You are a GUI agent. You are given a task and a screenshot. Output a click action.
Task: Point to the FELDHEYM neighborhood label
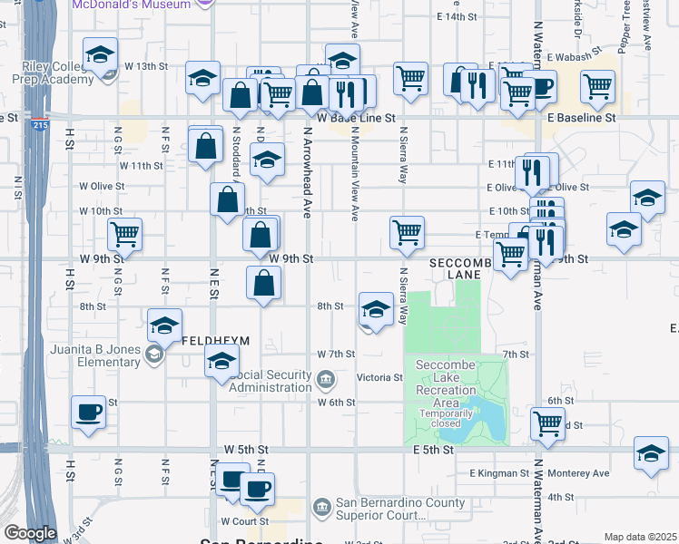point(216,342)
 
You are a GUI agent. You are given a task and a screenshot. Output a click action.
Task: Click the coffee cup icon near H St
point(89,413)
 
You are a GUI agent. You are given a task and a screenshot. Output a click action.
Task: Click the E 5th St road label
point(432,450)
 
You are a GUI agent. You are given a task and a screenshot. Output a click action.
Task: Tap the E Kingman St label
point(499,473)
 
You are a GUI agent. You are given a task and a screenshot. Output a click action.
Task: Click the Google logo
point(29,533)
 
